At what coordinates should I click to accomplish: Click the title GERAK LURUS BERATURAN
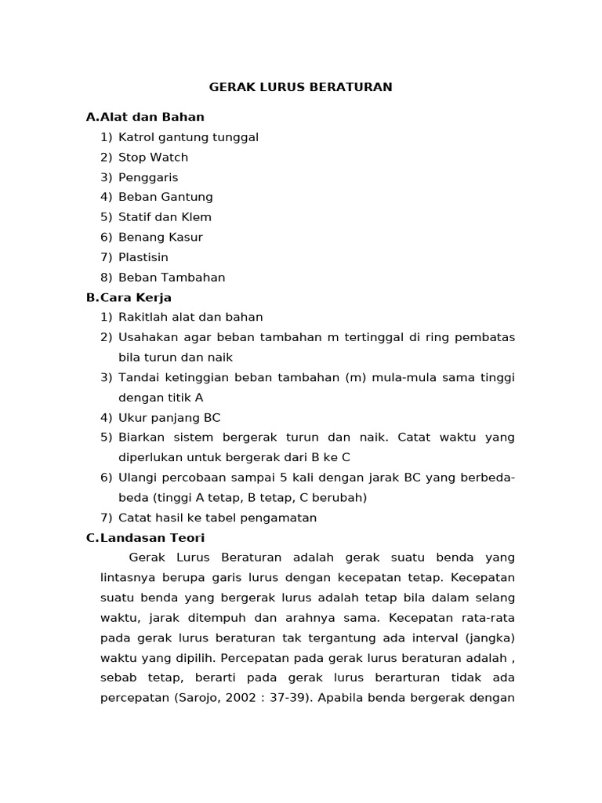pyautogui.click(x=300, y=87)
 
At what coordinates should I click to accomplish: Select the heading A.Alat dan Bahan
pyautogui.click(x=145, y=117)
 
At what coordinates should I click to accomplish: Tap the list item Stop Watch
pyautogui.click(x=153, y=157)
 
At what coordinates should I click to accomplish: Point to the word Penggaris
pyautogui.click(x=148, y=177)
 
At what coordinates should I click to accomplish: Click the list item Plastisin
pyautogui.click(x=143, y=257)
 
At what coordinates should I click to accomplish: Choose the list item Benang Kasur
pyautogui.click(x=161, y=237)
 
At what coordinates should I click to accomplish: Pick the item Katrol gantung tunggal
pyautogui.click(x=188, y=137)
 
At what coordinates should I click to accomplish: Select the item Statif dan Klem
pyautogui.click(x=165, y=217)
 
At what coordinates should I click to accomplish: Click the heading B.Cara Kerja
pyautogui.click(x=129, y=297)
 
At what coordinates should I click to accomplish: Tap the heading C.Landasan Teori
pyautogui.click(x=145, y=537)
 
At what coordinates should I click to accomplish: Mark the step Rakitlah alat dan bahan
pyautogui.click(x=190, y=317)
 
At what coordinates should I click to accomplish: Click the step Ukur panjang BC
pyautogui.click(x=169, y=417)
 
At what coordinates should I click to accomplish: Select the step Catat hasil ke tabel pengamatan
pyautogui.click(x=217, y=518)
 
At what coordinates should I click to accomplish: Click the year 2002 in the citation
pyautogui.click(x=238, y=697)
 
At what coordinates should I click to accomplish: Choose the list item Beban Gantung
pyautogui.click(x=165, y=197)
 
